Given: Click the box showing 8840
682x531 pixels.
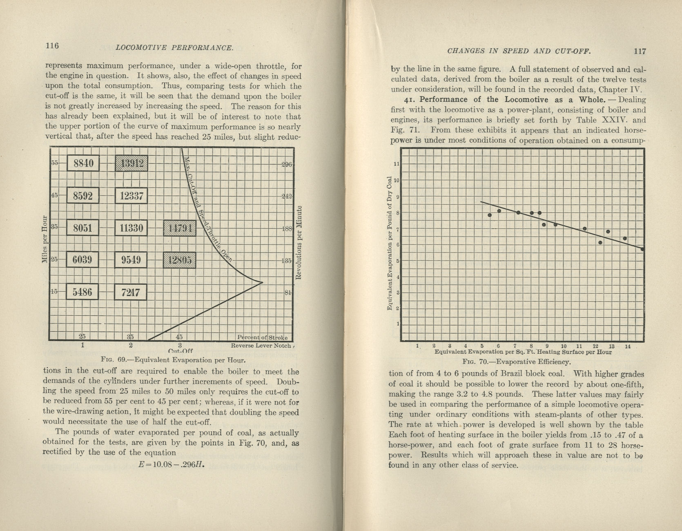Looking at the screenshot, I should [x=83, y=163].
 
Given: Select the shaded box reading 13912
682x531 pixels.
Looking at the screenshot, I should [x=131, y=163].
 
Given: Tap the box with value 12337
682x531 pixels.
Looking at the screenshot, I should [x=131, y=196].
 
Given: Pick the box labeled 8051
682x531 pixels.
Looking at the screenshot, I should [x=83, y=228].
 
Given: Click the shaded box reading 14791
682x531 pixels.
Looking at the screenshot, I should [x=179, y=228].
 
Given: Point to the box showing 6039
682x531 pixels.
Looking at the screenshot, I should [x=83, y=259].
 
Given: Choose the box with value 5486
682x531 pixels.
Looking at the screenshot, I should [x=83, y=292].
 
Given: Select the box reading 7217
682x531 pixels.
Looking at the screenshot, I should [x=131, y=292].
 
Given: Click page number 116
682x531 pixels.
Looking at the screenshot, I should [x=52, y=45].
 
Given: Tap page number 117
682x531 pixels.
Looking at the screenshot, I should [x=640, y=51].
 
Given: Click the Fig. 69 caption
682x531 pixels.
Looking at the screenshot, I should [x=173, y=360].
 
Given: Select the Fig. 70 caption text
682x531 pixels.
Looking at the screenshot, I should [x=517, y=361].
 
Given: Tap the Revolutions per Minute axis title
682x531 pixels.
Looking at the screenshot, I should [x=298, y=243].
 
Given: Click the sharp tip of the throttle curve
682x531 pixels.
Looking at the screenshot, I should [x=262, y=282].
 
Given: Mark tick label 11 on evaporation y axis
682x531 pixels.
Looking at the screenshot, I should [x=395, y=164].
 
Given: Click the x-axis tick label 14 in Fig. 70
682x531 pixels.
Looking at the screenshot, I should [x=628, y=346].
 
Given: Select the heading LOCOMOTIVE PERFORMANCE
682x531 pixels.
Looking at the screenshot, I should [x=174, y=47].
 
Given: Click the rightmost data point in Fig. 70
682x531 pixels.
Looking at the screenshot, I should [x=642, y=249].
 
